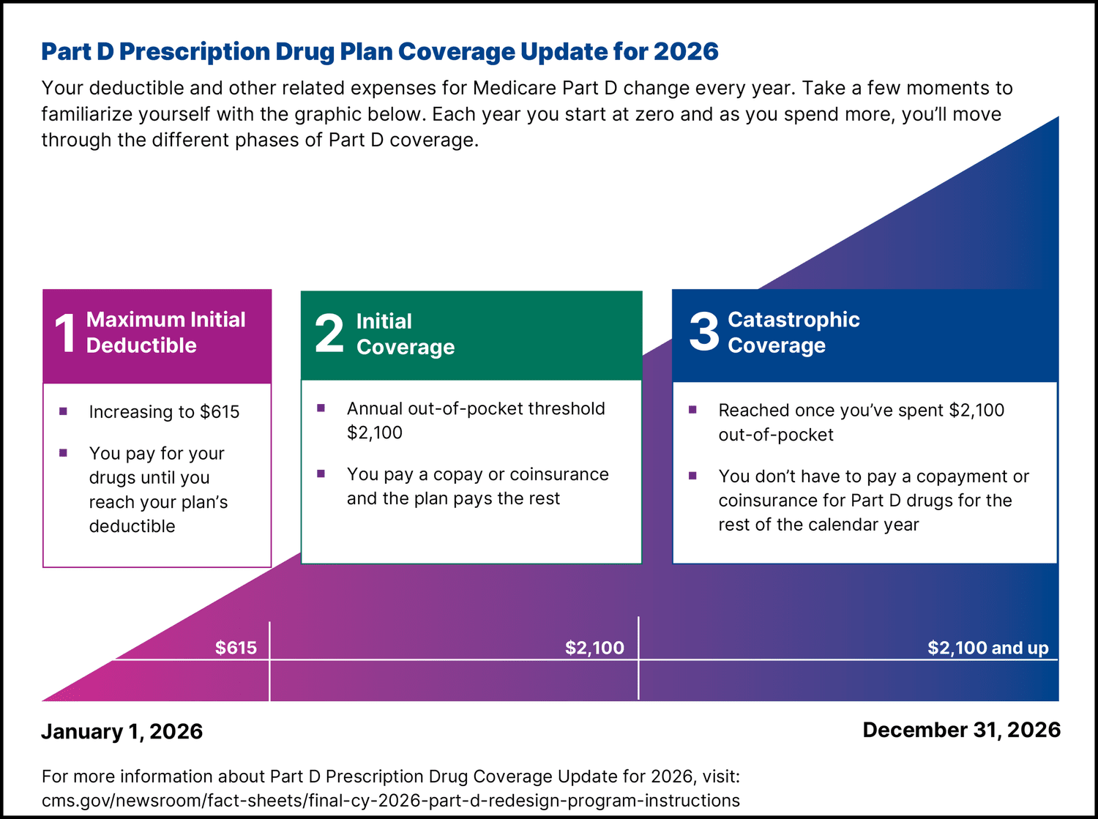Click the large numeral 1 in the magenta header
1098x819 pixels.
coord(65,333)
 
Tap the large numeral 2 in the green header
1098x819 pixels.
coord(329,334)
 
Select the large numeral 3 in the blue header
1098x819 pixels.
coord(704,332)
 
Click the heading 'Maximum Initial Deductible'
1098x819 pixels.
coord(165,332)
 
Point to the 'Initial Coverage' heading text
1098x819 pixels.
coord(405,334)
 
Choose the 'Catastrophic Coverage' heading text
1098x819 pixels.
coord(793,332)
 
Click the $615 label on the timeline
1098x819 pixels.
coord(236,648)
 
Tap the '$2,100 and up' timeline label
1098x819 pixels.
coord(987,648)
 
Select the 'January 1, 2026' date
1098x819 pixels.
coord(122,732)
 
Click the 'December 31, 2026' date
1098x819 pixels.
coord(961,730)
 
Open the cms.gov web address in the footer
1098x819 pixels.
coord(390,801)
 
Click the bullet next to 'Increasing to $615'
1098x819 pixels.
coord(64,411)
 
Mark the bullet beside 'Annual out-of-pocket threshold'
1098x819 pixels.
coord(321,408)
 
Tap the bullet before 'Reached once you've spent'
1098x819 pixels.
coord(692,410)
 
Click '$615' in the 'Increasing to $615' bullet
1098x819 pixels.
coord(220,412)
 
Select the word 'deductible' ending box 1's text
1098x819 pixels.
coord(132,526)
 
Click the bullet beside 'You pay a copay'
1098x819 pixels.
coord(321,474)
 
